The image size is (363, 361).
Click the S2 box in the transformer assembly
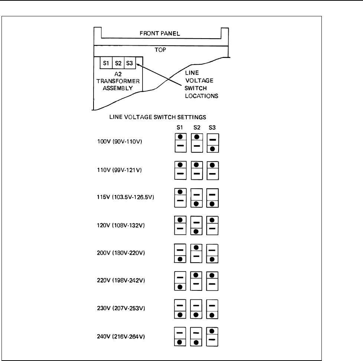click(118, 63)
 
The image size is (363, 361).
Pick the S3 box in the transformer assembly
click(130, 63)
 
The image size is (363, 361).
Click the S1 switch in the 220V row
click(180, 281)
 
